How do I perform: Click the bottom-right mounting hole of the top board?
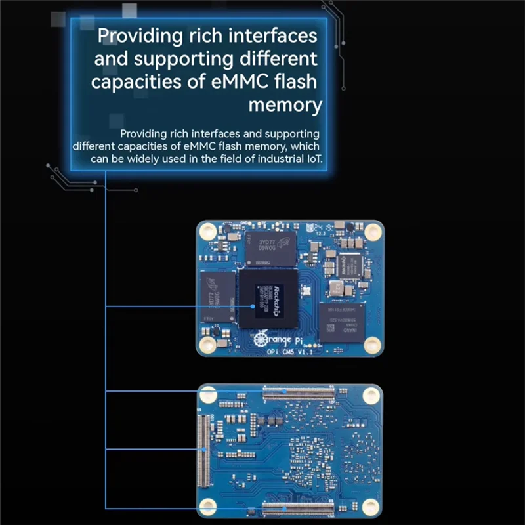371,345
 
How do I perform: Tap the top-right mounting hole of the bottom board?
371,395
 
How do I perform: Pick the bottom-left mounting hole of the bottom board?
209,506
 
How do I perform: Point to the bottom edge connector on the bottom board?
298,508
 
